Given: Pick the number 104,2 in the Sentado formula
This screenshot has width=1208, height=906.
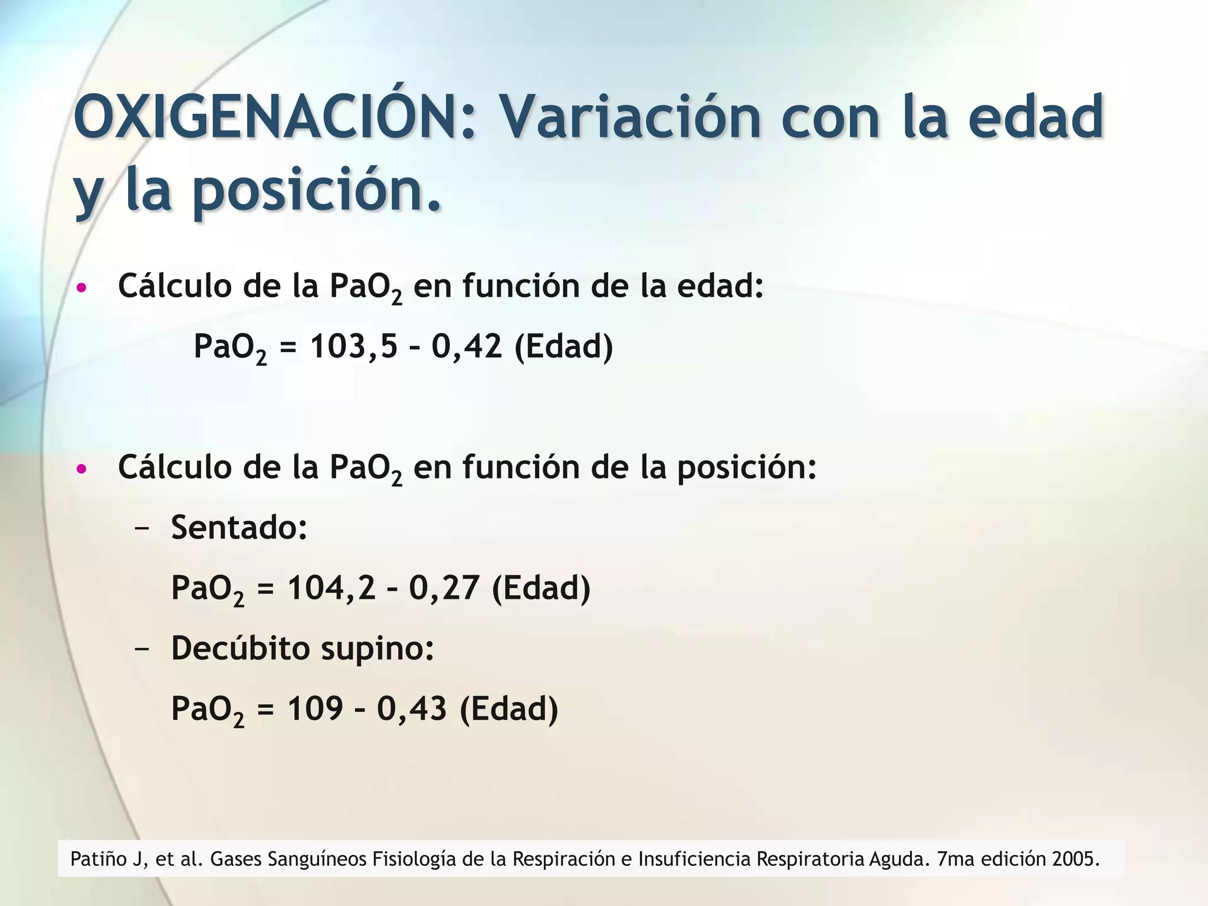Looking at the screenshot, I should tap(331, 587).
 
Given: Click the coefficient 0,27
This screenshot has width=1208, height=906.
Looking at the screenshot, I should tap(444, 587).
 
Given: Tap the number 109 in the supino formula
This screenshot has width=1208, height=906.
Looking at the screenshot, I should tap(315, 708).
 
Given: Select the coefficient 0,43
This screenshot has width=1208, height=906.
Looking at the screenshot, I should tap(412, 708).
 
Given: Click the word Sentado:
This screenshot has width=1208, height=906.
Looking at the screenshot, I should tap(239, 527).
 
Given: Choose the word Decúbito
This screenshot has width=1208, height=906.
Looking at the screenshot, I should tap(240, 648).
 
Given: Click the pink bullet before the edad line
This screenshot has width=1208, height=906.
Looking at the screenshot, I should tap(82, 288).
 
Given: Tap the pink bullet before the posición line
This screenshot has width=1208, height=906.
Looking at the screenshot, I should tap(82, 470).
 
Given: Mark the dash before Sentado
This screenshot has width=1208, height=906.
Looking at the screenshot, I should tap(142, 528).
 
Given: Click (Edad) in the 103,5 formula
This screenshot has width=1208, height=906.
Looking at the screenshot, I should tap(564, 346).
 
